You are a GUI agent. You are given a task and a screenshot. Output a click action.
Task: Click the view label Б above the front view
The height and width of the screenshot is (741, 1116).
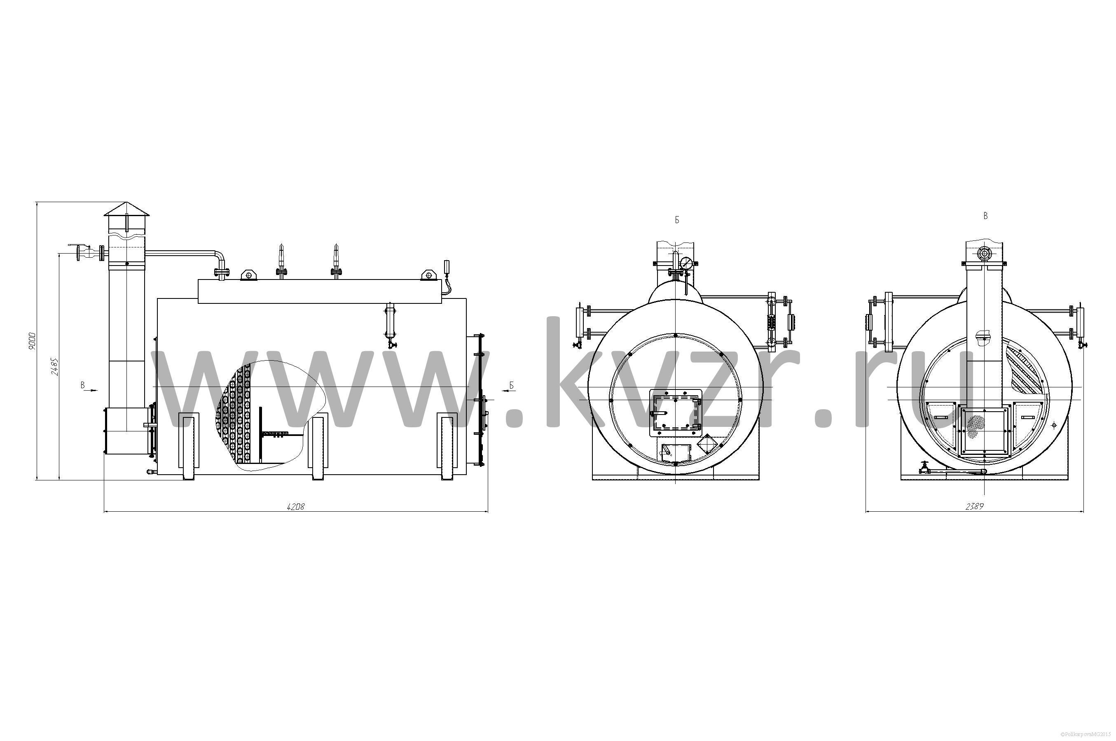pyautogui.click(x=677, y=220)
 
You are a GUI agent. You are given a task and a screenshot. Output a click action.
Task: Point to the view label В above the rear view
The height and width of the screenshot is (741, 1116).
pyautogui.click(x=985, y=216)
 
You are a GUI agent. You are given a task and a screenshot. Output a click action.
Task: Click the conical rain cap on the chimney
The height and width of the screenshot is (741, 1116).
pyautogui.click(x=126, y=210)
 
